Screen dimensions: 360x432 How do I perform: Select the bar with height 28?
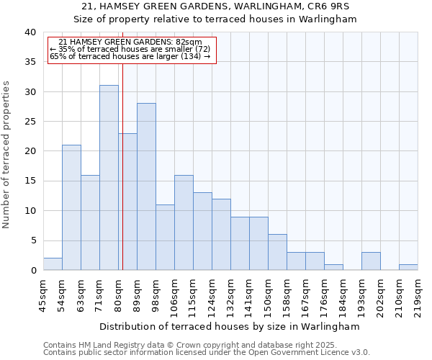pyautogui.click(x=146, y=186)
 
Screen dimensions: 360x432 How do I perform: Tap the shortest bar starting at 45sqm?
pyautogui.click(x=53, y=264)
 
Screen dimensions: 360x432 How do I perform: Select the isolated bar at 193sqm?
pyautogui.click(x=371, y=261)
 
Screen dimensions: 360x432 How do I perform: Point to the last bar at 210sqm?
pyautogui.click(x=408, y=267)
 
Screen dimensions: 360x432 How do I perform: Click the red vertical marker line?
pyautogui.click(x=122, y=158)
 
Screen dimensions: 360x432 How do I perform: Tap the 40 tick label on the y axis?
pyautogui.click(x=30, y=32)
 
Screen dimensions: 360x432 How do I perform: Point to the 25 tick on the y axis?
pyautogui.click(x=30, y=122)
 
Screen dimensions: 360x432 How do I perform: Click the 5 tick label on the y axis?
pyautogui.click(x=32, y=240)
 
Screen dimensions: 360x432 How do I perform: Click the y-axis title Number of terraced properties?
pyautogui.click(x=7, y=155)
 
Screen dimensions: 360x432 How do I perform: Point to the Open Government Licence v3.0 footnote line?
pyautogui.click(x=207, y=352)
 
